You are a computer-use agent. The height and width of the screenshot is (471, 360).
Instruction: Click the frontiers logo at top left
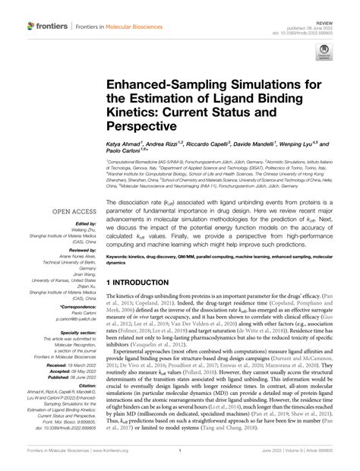47,26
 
